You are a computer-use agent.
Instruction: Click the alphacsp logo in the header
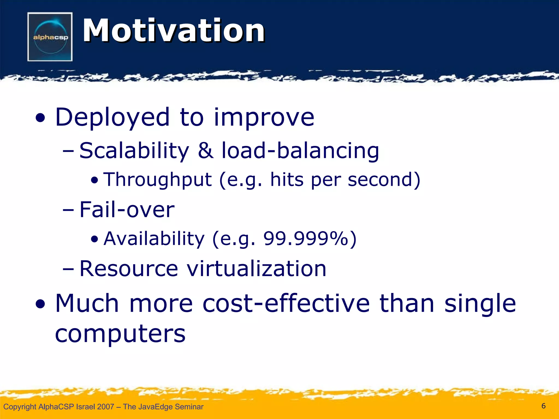50,37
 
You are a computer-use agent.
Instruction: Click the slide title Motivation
174,31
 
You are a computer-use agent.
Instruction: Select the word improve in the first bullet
264,118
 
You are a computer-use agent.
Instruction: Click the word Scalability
134,151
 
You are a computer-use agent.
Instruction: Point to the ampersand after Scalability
206,151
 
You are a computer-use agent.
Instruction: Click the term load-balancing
300,151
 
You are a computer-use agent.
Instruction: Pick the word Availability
154,239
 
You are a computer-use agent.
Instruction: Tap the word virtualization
256,269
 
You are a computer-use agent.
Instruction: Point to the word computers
120,334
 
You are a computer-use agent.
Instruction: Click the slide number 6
543,406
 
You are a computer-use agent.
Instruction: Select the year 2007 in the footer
105,407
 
